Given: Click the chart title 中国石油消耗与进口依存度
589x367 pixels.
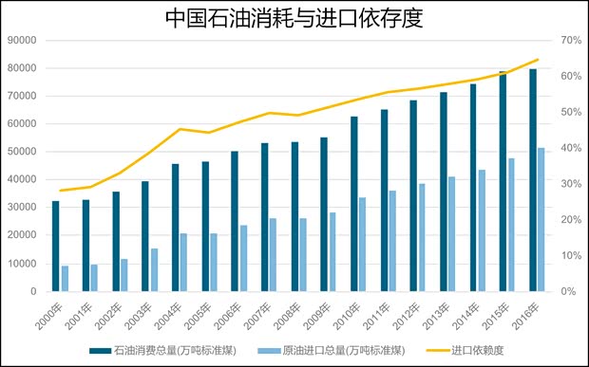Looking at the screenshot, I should click(294, 18).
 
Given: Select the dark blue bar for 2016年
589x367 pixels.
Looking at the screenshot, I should click(533, 179).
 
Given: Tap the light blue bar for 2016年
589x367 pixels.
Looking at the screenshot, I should click(541, 219).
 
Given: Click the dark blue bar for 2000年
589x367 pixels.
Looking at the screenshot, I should click(56, 246).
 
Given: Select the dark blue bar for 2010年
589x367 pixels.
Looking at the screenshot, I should click(354, 203).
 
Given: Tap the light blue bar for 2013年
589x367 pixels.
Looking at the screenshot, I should click(452, 233).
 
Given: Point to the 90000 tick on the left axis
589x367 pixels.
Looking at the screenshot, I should click(20, 40).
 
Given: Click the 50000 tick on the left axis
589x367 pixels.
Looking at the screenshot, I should click(20, 152).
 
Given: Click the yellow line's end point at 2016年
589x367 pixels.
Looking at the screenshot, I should click(537, 60).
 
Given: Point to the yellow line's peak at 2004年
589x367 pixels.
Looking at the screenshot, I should click(180, 129).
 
